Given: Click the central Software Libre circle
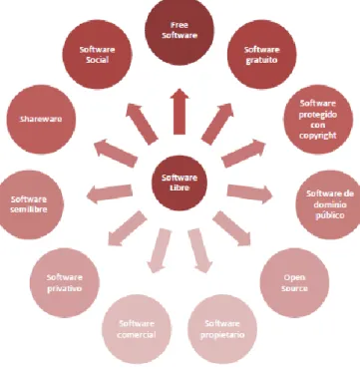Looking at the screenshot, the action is coord(180,183).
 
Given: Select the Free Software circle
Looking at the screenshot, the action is coord(180,31).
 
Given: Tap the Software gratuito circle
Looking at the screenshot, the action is coord(262,54).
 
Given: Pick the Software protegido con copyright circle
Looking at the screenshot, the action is coord(318,120).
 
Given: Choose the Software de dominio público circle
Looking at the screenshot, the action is coord(329,204).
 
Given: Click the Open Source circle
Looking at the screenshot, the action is coord(294,282).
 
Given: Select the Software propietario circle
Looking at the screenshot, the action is coord(222,329).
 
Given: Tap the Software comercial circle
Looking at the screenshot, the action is coord(137,329).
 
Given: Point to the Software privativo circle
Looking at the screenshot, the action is coord(65,282).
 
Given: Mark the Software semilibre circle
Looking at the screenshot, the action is coord(30,204).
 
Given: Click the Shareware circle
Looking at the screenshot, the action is coord(41,120).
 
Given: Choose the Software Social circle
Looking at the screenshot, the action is coord(97,54).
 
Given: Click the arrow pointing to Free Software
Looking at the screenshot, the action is coord(180,112).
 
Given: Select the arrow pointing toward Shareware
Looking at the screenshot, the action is coord(116,153).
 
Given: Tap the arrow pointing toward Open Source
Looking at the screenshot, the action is coord(232,228).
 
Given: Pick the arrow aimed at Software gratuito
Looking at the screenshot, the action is coord(217,124).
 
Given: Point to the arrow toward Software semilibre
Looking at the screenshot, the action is coord(110,193).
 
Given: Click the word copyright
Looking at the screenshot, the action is coord(318,136).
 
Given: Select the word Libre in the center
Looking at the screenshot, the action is coord(180,187).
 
